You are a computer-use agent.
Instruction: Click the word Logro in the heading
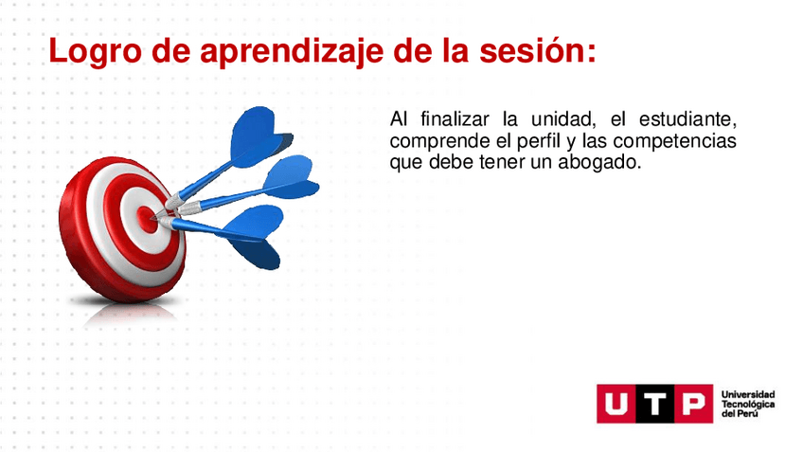[x=95, y=51]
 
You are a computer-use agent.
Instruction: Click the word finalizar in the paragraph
[x=455, y=118]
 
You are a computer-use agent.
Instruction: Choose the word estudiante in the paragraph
[x=687, y=119]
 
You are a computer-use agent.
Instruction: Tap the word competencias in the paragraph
[x=674, y=141]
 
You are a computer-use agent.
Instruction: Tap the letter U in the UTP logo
[x=616, y=404]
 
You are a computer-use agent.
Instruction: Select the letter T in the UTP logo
[x=654, y=404]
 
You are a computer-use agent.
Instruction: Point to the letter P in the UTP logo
[x=693, y=404]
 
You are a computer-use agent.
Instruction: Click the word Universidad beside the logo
[x=748, y=394]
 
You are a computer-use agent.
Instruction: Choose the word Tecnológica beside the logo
[x=748, y=404]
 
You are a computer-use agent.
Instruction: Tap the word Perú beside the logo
[x=747, y=413]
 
